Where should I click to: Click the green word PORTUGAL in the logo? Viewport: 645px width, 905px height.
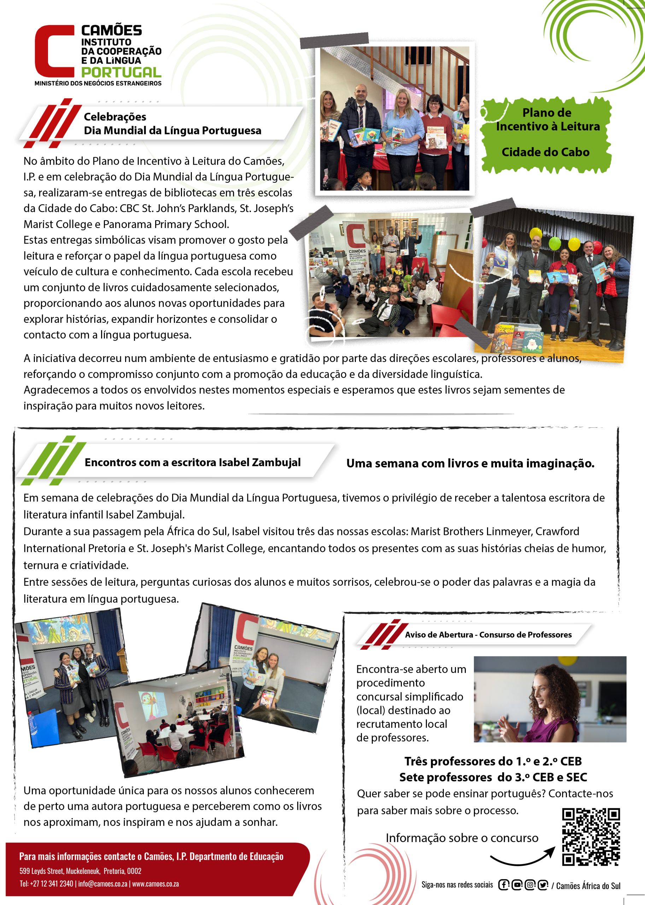121,72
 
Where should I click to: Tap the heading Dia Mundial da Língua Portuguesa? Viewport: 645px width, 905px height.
172,130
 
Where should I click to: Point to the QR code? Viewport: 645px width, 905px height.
591,836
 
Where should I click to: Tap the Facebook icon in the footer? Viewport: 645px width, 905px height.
504,885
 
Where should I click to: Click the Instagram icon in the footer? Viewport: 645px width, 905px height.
530,885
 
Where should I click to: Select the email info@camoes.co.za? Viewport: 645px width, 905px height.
102,883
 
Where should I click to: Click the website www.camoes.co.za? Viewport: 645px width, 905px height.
155,883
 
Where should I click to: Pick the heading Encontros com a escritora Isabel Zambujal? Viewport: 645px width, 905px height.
193,462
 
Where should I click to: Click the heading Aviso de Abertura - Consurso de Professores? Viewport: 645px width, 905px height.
488,635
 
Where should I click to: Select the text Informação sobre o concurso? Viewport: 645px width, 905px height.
462,837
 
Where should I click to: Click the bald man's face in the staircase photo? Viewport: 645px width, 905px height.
361,93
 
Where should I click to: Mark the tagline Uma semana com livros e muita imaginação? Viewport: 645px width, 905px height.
470,463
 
